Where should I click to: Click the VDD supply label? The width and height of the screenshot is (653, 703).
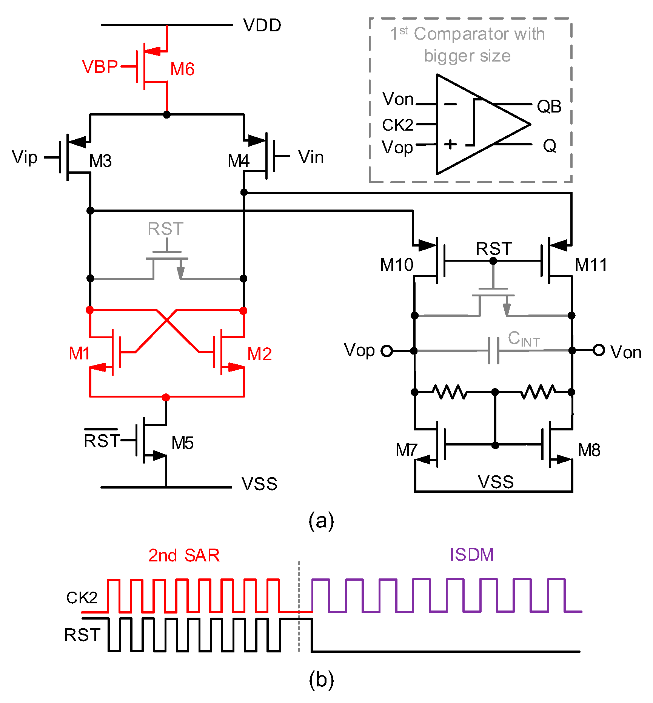coord(262,26)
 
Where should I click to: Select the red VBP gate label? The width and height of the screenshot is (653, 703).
coord(100,67)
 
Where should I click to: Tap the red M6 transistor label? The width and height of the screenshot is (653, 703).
coord(182,69)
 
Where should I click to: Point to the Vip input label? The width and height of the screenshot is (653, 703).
coord(25,157)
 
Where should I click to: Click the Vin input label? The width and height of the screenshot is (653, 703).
coord(311,157)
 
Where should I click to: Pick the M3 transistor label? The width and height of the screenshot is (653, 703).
coord(100,161)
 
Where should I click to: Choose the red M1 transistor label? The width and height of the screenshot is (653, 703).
coord(79,354)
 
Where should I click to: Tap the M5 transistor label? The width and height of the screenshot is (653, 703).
coord(182,443)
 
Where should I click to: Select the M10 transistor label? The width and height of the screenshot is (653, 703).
coord(397,265)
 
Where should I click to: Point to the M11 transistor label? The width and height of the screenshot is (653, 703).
coord(591,265)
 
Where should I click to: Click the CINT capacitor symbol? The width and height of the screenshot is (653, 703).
coord(494,351)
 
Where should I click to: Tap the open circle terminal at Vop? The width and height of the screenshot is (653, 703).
coord(387,351)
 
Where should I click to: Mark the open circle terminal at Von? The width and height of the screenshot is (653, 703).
coord(599,350)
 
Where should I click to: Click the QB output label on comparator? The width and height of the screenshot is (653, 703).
coord(549,106)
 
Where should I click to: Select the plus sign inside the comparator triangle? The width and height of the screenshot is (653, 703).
coord(450,144)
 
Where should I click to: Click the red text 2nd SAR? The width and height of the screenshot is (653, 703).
coord(184,555)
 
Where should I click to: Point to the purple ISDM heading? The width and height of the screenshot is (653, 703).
coord(472,555)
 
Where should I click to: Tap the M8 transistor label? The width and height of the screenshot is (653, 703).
coord(589,450)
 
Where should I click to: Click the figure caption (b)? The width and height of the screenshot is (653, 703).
coord(321,680)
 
